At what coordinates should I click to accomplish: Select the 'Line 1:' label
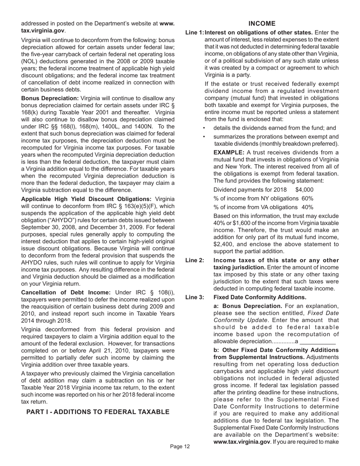click(194, 33)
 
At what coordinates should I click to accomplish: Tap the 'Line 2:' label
click(194, 260)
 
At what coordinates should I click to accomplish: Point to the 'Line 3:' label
click(194, 297)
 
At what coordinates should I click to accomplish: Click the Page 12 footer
click(180, 447)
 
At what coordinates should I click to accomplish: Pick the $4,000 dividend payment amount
click(304, 190)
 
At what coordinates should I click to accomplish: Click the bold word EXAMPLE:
click(229, 152)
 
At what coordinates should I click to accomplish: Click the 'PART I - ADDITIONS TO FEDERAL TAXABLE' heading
click(98, 412)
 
